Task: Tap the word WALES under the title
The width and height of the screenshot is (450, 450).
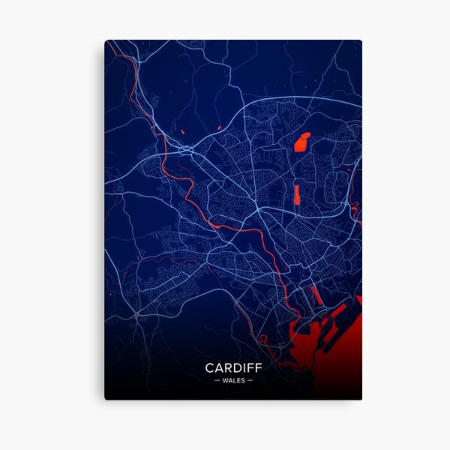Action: click(x=233, y=380)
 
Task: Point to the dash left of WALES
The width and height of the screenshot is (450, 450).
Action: click(x=217, y=380)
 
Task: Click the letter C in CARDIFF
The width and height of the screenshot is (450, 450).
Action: click(x=210, y=368)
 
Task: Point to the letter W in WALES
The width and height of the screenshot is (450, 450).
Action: click(x=225, y=380)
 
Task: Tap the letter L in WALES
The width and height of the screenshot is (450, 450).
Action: click(x=234, y=380)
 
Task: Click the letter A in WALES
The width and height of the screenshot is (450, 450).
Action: click(x=229, y=380)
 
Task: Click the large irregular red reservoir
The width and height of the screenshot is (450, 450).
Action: click(x=301, y=142)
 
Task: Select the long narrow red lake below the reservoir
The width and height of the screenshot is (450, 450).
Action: click(x=296, y=193)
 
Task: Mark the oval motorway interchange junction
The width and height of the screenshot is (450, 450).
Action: click(x=185, y=151)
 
